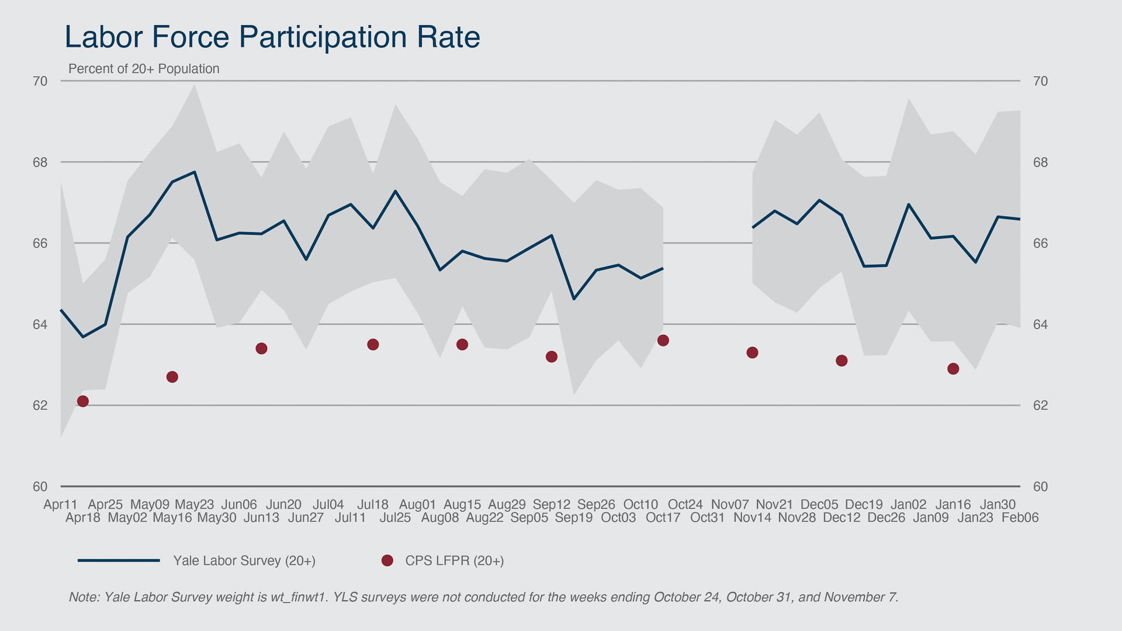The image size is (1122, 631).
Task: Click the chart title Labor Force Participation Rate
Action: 272,37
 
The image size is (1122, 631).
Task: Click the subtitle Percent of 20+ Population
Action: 144,69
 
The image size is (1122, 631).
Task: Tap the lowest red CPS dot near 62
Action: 83,401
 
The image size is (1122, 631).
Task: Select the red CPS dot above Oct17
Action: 663,341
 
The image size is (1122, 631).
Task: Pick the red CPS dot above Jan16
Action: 953,369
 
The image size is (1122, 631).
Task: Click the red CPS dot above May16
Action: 172,377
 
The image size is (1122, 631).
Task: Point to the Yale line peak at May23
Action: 195,172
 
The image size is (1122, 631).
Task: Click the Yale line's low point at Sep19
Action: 574,299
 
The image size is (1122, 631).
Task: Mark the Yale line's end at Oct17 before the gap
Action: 663,268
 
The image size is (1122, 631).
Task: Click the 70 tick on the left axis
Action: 40,81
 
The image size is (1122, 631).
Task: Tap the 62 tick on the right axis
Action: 1040,405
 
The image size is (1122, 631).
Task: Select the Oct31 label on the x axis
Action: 707,518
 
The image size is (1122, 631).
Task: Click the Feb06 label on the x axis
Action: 1020,518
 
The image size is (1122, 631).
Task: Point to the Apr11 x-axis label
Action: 60,504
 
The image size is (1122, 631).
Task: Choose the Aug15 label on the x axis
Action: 462,504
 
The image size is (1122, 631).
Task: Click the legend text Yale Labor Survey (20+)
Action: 244,561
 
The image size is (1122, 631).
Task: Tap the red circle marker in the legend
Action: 387,561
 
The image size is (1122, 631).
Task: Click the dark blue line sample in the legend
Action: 119,561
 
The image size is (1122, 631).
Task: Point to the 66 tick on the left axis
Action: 40,243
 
